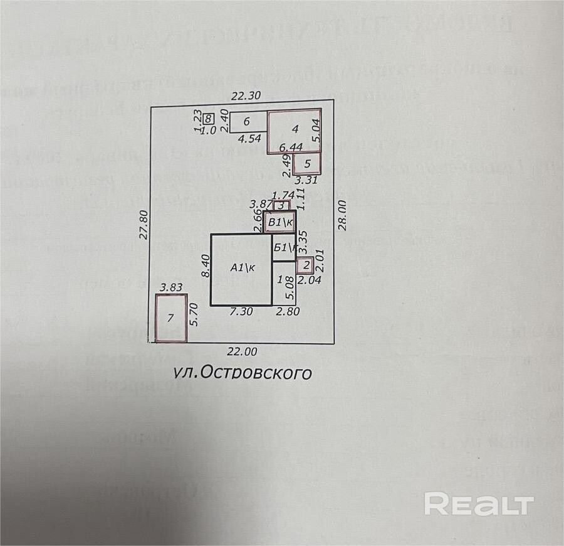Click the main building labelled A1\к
(241, 269)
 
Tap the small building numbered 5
(307, 164)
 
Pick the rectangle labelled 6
(247, 122)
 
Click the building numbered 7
(171, 318)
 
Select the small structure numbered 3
(281, 205)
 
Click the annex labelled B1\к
(281, 222)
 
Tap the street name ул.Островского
(242, 373)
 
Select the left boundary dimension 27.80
(143, 222)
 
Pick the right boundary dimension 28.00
(342, 217)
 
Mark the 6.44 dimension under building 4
(290, 147)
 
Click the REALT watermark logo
(479, 504)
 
